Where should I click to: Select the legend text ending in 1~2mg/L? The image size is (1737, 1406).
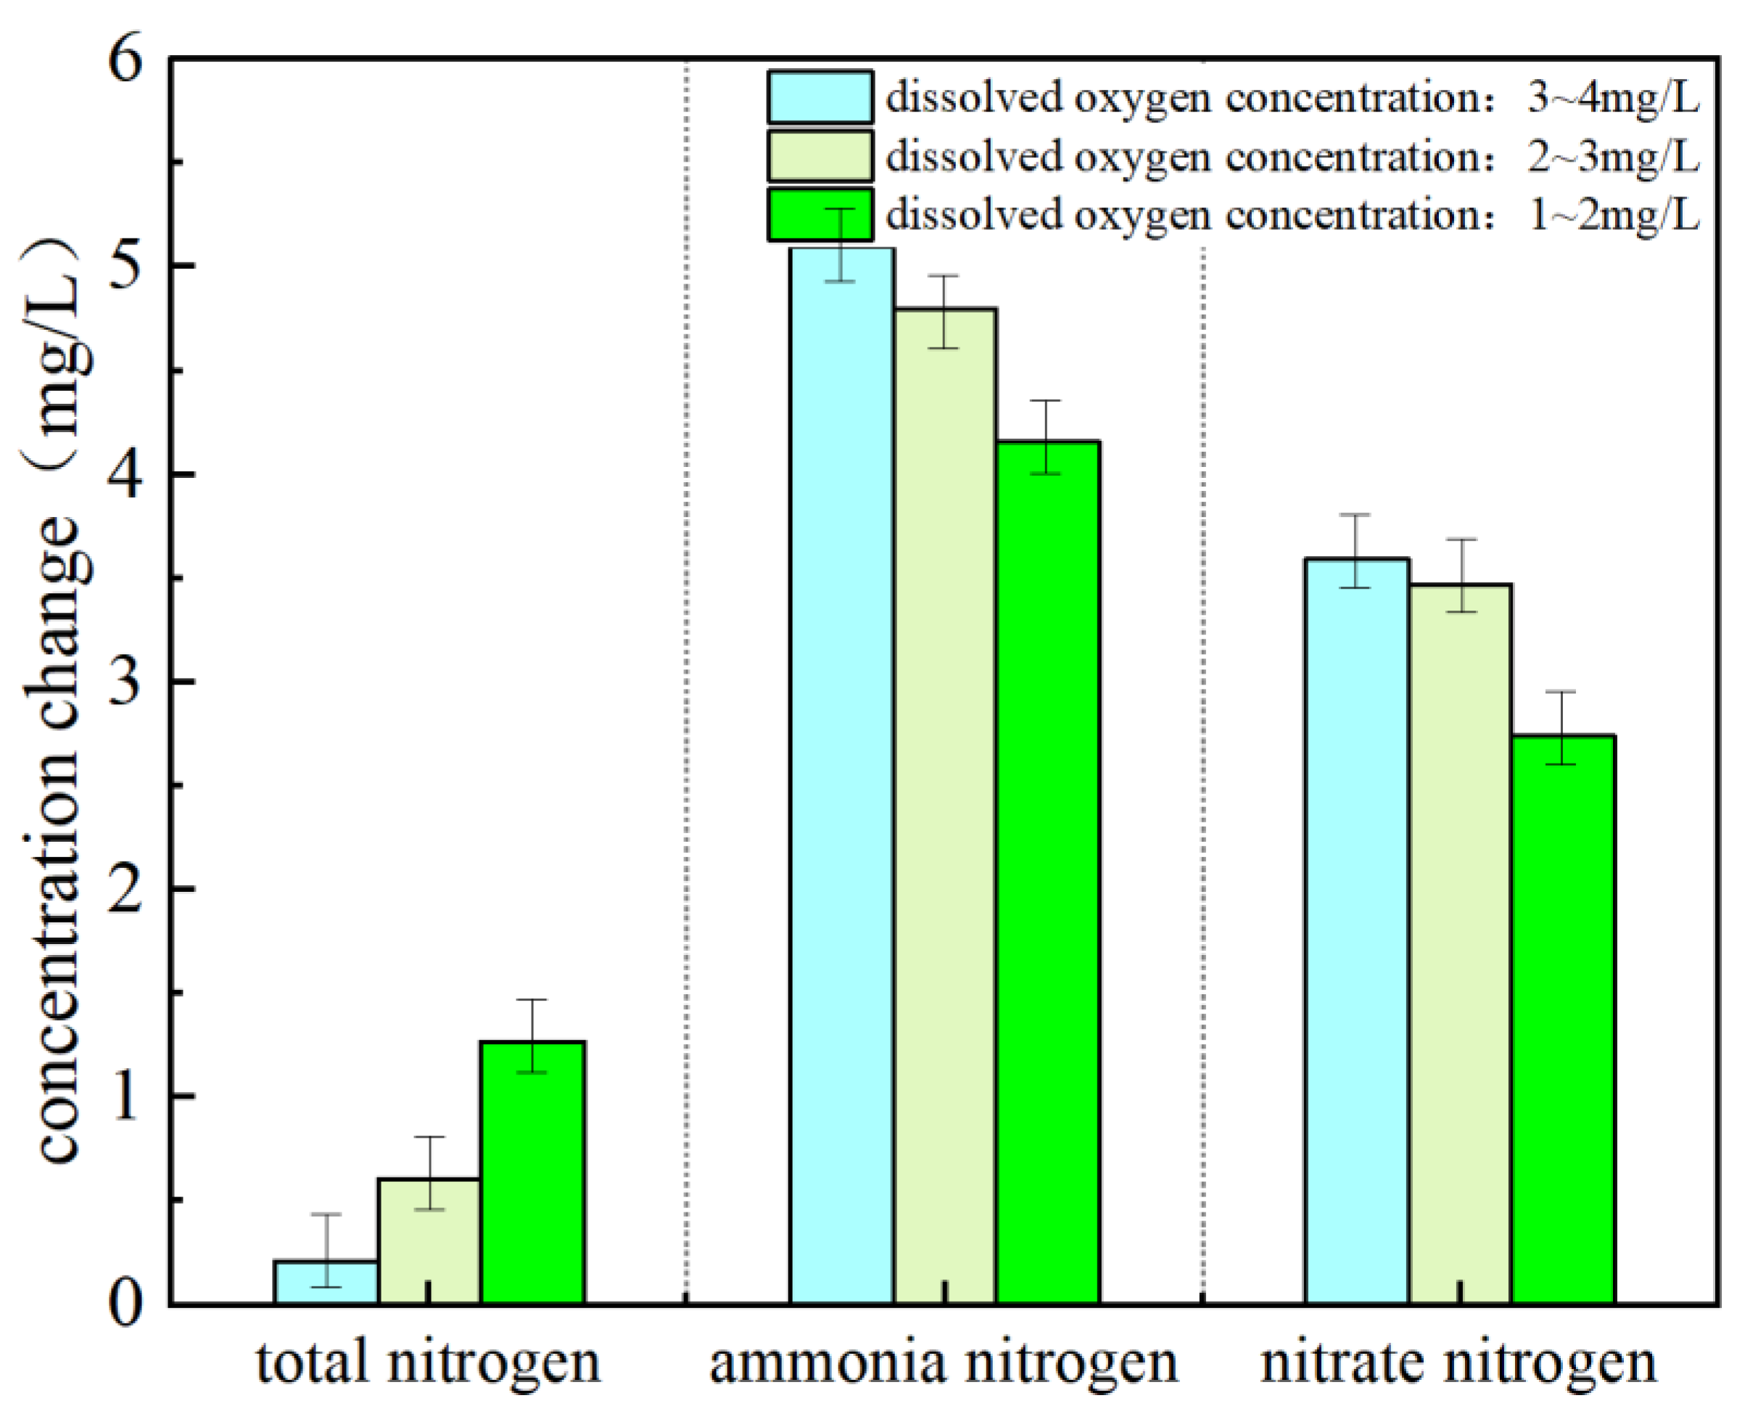tap(1292, 215)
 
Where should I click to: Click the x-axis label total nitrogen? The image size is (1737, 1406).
tap(429, 1362)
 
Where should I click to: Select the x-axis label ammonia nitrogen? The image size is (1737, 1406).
tap(944, 1362)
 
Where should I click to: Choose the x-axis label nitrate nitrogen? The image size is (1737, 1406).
tap(1458, 1362)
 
